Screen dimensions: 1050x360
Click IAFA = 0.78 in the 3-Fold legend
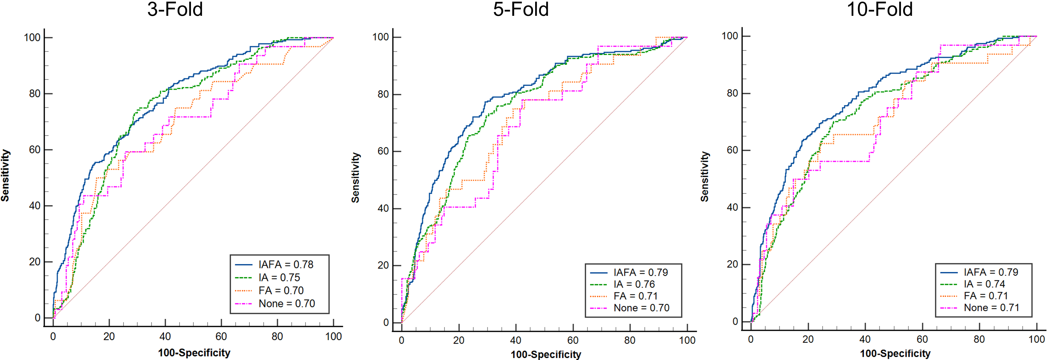(286, 265)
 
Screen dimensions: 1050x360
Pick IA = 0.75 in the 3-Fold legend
(279, 278)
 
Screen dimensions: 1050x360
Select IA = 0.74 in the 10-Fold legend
(984, 284)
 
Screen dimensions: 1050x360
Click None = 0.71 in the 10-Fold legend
(991, 308)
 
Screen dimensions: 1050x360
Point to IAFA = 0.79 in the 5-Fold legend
(641, 272)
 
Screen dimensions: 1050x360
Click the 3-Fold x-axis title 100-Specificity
(194, 353)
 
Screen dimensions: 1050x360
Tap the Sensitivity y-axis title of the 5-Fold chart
(356, 178)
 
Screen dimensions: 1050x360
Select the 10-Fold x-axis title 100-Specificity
(895, 353)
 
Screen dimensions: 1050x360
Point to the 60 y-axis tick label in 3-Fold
(35, 150)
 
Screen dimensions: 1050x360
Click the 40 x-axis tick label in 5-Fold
(516, 340)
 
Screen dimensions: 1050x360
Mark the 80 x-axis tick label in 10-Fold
(979, 339)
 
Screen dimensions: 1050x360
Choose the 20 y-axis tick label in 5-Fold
(383, 265)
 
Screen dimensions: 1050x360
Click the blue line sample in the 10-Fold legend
(949, 272)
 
